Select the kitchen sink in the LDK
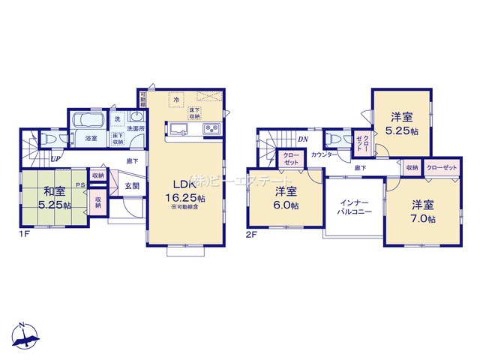[181, 129]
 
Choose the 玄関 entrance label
[132, 185]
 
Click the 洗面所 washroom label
[136, 128]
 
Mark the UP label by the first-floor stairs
[55, 158]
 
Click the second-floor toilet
[333, 139]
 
